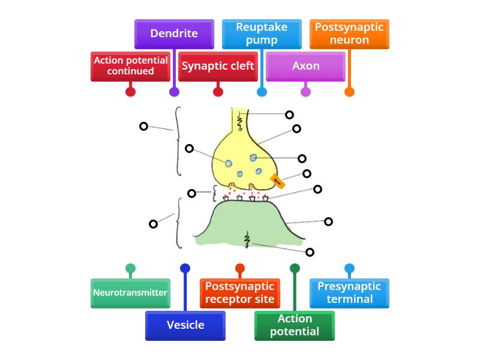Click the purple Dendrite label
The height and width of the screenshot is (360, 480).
click(x=174, y=34)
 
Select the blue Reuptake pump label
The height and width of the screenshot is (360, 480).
click(x=262, y=34)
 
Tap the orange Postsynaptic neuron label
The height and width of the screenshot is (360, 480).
click(x=349, y=34)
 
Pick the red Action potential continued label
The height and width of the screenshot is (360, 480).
click(x=130, y=66)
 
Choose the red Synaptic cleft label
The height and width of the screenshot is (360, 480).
click(x=218, y=66)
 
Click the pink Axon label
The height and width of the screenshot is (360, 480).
click(x=305, y=66)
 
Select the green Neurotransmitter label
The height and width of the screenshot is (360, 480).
click(x=130, y=293)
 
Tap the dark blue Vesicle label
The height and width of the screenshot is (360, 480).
click(x=185, y=326)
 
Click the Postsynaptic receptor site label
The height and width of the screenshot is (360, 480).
click(x=240, y=293)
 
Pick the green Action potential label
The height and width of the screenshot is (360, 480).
click(x=295, y=326)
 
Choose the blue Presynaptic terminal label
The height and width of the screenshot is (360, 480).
click(x=349, y=293)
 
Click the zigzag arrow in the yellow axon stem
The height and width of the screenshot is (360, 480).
click(x=241, y=122)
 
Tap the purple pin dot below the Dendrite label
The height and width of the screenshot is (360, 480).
click(x=174, y=92)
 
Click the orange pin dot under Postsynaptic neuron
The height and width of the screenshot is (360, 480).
click(x=349, y=92)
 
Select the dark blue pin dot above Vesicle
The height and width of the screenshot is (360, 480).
click(x=185, y=268)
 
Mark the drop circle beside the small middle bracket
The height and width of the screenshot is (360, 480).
click(x=192, y=193)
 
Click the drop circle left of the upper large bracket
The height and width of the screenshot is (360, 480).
click(x=143, y=126)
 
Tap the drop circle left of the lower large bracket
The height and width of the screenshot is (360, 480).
click(x=153, y=224)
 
